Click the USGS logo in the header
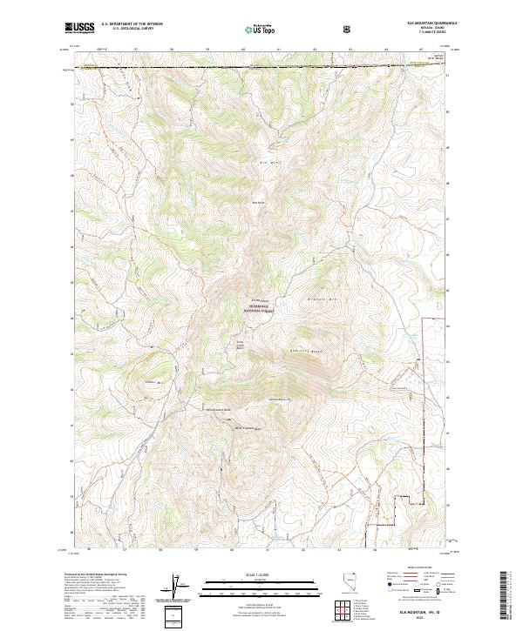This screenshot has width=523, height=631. point(80,28)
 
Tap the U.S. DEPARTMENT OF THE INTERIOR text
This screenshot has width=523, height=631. point(132,25)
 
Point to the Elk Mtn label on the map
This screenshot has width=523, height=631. point(267,163)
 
